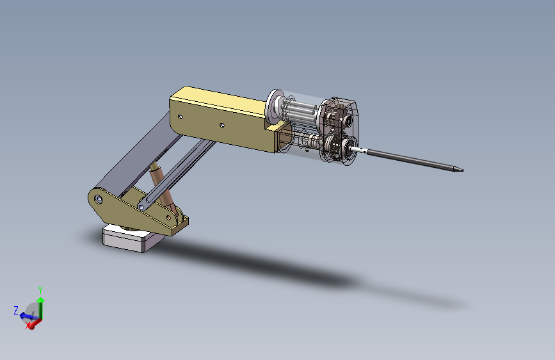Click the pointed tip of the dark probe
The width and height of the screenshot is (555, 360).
pos(462,170)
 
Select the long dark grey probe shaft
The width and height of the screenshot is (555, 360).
pos(415,161)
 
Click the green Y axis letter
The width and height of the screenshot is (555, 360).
pos(40,290)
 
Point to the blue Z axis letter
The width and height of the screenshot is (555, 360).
pos(16,311)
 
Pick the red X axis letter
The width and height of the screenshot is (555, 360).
pos(28,326)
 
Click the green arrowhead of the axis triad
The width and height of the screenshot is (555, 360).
pos(41,300)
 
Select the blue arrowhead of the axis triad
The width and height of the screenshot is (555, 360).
pos(23,315)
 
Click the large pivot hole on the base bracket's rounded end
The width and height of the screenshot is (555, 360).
pos(99,199)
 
